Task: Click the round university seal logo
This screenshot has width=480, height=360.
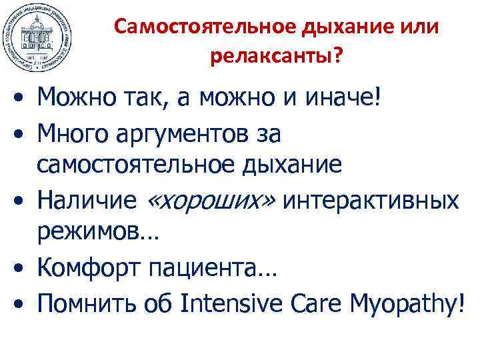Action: [37, 37]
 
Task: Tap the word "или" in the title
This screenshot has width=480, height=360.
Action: [420, 27]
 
